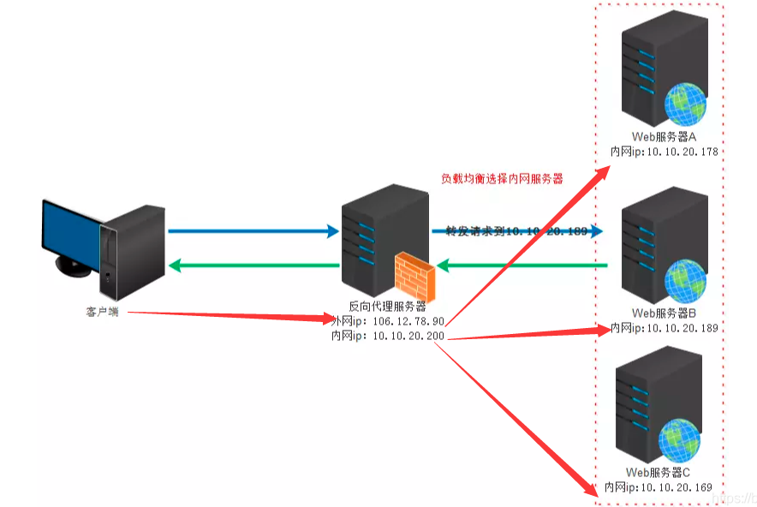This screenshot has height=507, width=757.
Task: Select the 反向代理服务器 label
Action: (387, 306)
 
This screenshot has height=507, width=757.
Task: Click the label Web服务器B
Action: (665, 313)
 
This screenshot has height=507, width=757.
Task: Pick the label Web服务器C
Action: (658, 473)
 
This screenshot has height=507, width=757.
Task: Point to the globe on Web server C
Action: (681, 439)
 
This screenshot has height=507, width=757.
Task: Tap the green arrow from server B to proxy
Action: (522, 266)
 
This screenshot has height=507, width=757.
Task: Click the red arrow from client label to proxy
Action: (231, 316)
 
